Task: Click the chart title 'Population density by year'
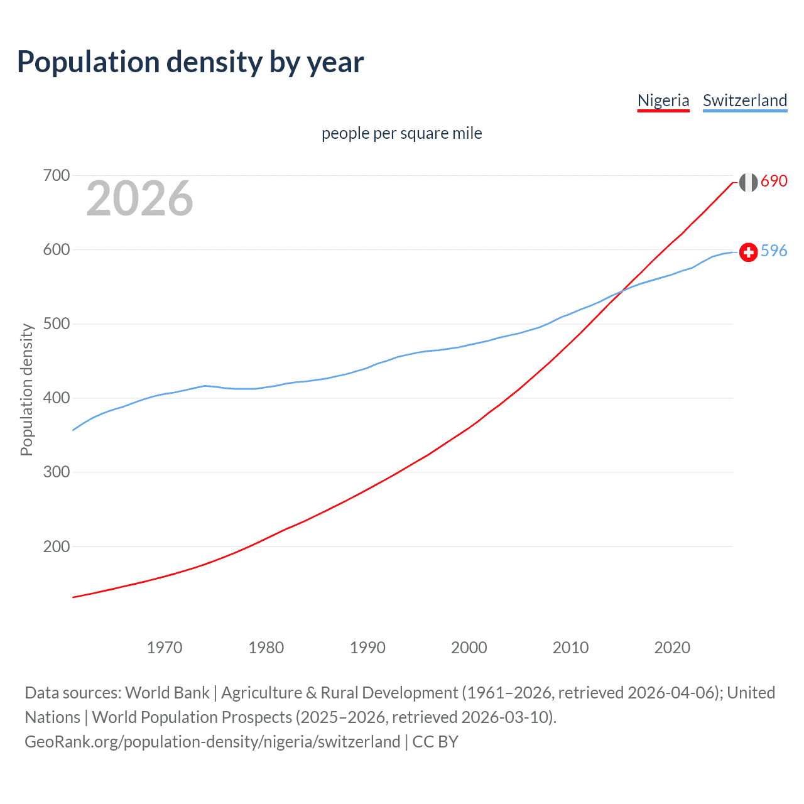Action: pos(190,62)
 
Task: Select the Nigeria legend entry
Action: pos(663,100)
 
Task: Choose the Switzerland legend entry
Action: pos(745,100)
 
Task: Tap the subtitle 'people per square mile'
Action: pos(402,133)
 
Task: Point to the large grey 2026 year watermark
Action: pos(139,198)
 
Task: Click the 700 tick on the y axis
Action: pos(56,175)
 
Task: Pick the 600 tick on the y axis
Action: pos(56,249)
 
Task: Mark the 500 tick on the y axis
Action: pos(56,323)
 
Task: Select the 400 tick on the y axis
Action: pos(56,398)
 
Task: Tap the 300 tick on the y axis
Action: pos(56,472)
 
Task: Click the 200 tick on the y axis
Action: pos(56,546)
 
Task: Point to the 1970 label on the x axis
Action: pos(165,648)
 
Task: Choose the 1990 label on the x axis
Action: pos(367,648)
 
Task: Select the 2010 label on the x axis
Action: pos(570,648)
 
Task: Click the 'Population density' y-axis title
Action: pos(26,389)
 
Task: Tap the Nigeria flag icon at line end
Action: pos(748,182)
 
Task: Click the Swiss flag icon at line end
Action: pos(748,252)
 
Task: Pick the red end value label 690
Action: pos(774,181)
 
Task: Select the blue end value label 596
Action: pos(774,251)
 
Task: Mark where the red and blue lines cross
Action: pos(621,291)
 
